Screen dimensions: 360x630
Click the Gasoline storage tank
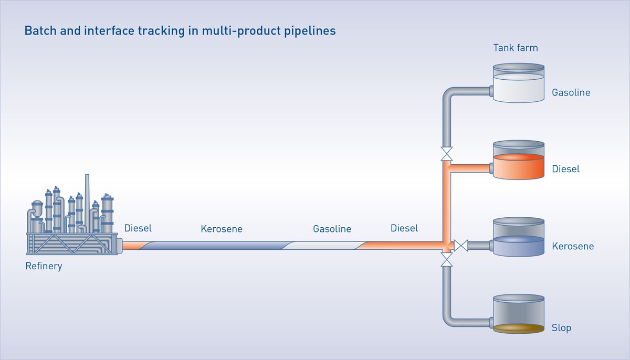pos(519,84)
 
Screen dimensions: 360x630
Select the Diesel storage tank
pos(519,161)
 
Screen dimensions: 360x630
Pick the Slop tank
pos(519,315)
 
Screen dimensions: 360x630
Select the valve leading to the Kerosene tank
pos(461,245)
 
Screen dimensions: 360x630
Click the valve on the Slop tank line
pos(447,259)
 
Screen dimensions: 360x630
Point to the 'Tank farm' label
pos(515,48)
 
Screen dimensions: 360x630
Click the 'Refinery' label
pos(44,266)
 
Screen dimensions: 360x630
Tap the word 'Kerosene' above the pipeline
pos(222,229)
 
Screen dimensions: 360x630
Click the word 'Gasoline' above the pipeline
pos(332,229)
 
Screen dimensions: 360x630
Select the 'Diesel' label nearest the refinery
pos(138,228)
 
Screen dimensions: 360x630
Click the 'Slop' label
pos(561,328)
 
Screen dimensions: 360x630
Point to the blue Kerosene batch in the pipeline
pos(215,245)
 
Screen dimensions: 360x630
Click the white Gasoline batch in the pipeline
pos(325,245)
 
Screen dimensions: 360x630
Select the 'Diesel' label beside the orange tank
pos(565,170)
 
